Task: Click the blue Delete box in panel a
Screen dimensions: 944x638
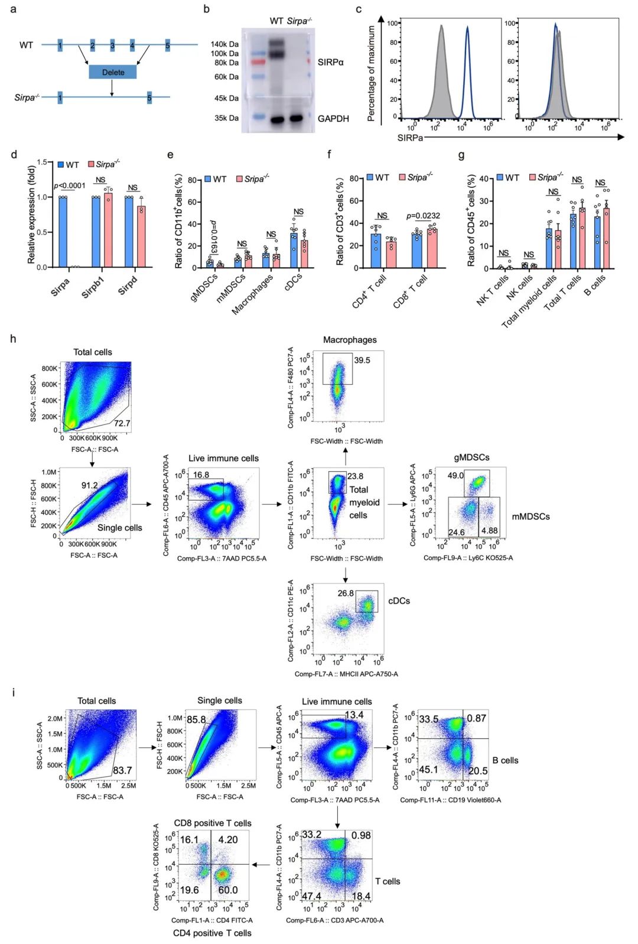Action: point(113,72)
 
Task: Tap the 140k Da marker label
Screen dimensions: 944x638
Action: point(224,44)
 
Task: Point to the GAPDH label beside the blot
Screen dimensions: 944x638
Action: point(333,119)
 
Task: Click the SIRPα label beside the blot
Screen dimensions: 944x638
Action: point(330,62)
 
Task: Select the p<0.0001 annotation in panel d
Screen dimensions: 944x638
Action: point(70,186)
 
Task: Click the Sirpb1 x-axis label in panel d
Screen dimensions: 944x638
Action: point(93,287)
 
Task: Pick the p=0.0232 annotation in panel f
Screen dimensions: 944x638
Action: point(423,216)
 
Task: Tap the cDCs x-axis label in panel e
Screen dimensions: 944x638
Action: point(294,280)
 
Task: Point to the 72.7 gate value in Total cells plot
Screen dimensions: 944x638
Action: point(122,423)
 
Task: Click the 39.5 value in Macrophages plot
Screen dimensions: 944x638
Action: point(362,360)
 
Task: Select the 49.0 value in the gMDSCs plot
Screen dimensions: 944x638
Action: point(455,475)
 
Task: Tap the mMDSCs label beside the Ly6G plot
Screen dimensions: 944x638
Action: point(530,517)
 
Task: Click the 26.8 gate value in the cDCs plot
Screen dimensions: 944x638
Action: point(346,593)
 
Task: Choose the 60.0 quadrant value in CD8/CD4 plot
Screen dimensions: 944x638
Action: point(228,890)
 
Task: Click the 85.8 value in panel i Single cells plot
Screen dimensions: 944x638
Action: point(196,719)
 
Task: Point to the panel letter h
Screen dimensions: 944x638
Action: point(13,339)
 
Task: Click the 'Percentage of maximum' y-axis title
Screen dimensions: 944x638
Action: point(372,73)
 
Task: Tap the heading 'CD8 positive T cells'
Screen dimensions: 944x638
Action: point(213,823)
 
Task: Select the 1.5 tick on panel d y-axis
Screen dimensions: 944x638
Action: point(42,162)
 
